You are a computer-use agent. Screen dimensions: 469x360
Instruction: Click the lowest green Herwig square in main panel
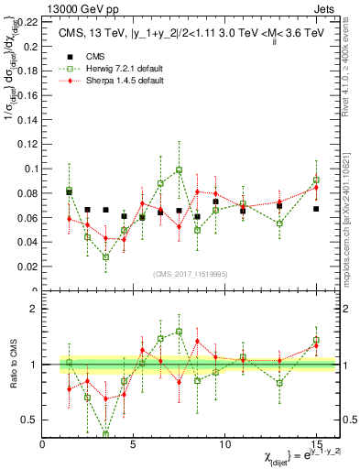pos(105,256)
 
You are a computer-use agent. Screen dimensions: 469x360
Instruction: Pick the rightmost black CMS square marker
pos(316,209)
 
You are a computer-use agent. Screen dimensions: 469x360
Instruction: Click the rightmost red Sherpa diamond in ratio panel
pos(316,345)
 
